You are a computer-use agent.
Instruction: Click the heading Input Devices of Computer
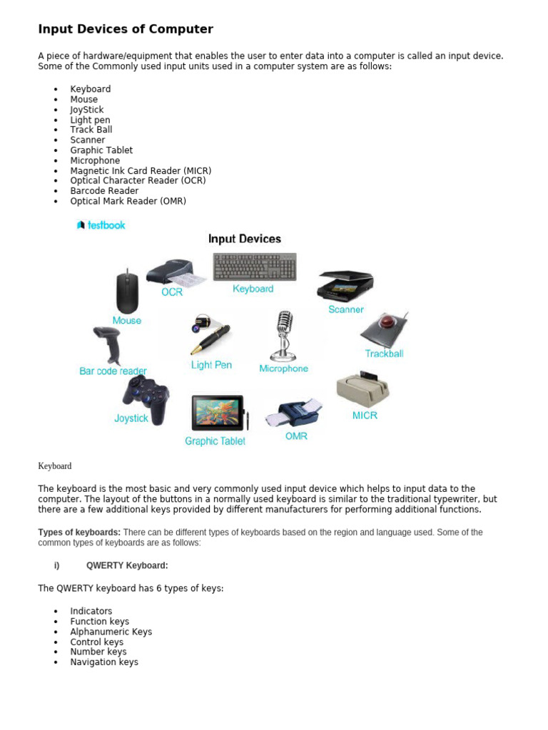pos(126,29)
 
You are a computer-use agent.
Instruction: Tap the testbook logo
pos(101,225)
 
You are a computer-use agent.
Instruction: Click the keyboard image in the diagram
pos(255,267)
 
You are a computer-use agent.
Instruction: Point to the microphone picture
pos(284,335)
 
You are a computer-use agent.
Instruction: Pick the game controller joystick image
pos(146,397)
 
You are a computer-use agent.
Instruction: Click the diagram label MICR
pos(365,415)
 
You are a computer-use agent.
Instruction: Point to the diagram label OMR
pos(296,436)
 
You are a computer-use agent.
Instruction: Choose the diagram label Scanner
pos(346,309)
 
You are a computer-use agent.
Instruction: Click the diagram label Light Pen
pos(211,365)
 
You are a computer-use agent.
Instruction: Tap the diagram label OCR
pos(172,292)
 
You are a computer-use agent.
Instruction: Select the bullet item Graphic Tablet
pos(101,150)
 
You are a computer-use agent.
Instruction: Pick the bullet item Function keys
pos(99,622)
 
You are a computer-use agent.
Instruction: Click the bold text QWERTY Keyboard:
pos(127,565)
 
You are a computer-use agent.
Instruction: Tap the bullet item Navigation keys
pos(104,662)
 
